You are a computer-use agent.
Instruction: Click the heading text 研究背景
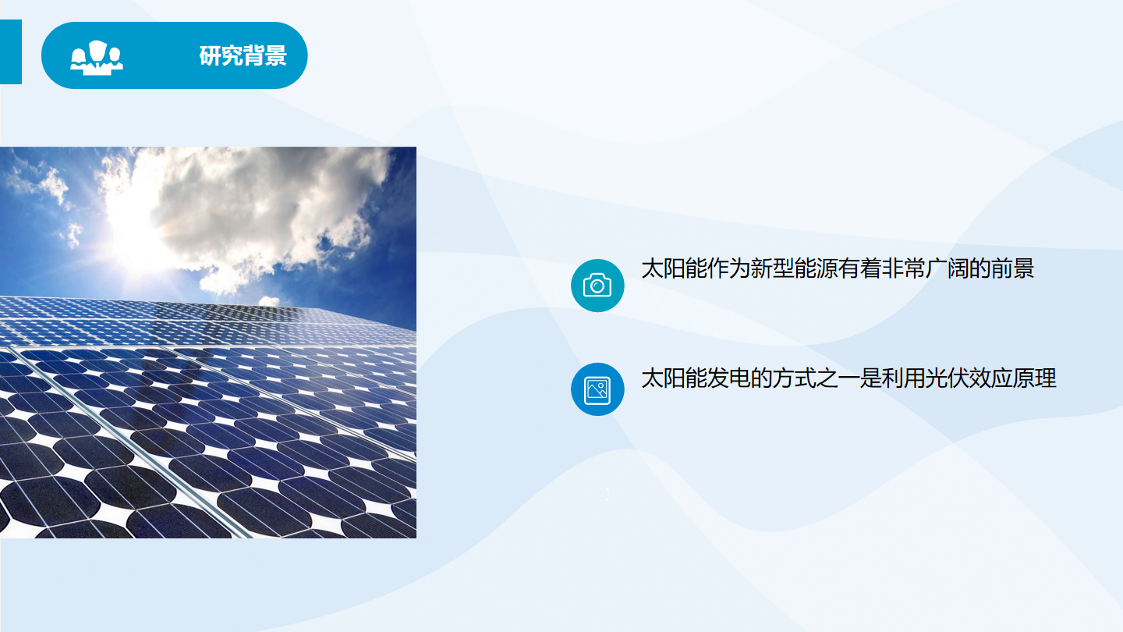pyautogui.click(x=243, y=55)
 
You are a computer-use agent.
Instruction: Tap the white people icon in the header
pyautogui.click(x=96, y=59)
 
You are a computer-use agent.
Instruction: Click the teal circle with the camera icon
pyautogui.click(x=597, y=286)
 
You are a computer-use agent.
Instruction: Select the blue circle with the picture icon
pyautogui.click(x=597, y=389)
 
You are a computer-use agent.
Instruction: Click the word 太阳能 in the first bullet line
pyautogui.click(x=675, y=268)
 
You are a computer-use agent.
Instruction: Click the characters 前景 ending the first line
pyautogui.click(x=1012, y=268)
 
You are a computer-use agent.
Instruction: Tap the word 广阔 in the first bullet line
pyautogui.click(x=947, y=268)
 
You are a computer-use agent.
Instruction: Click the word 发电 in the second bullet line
pyautogui.click(x=729, y=378)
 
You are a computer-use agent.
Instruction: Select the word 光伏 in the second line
pyautogui.click(x=947, y=378)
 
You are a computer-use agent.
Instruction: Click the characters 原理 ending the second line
pyautogui.click(x=1034, y=378)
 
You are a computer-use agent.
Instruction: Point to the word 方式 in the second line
pyautogui.click(x=794, y=378)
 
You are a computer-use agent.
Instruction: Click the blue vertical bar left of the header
pyautogui.click(x=11, y=51)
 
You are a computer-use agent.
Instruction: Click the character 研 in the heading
pyautogui.click(x=210, y=55)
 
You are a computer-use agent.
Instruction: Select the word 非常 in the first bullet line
pyautogui.click(x=903, y=268)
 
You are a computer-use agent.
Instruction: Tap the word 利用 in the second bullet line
pyautogui.click(x=903, y=378)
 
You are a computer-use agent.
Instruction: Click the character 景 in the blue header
pyautogui.click(x=276, y=55)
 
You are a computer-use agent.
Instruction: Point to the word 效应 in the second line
pyautogui.click(x=990, y=378)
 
